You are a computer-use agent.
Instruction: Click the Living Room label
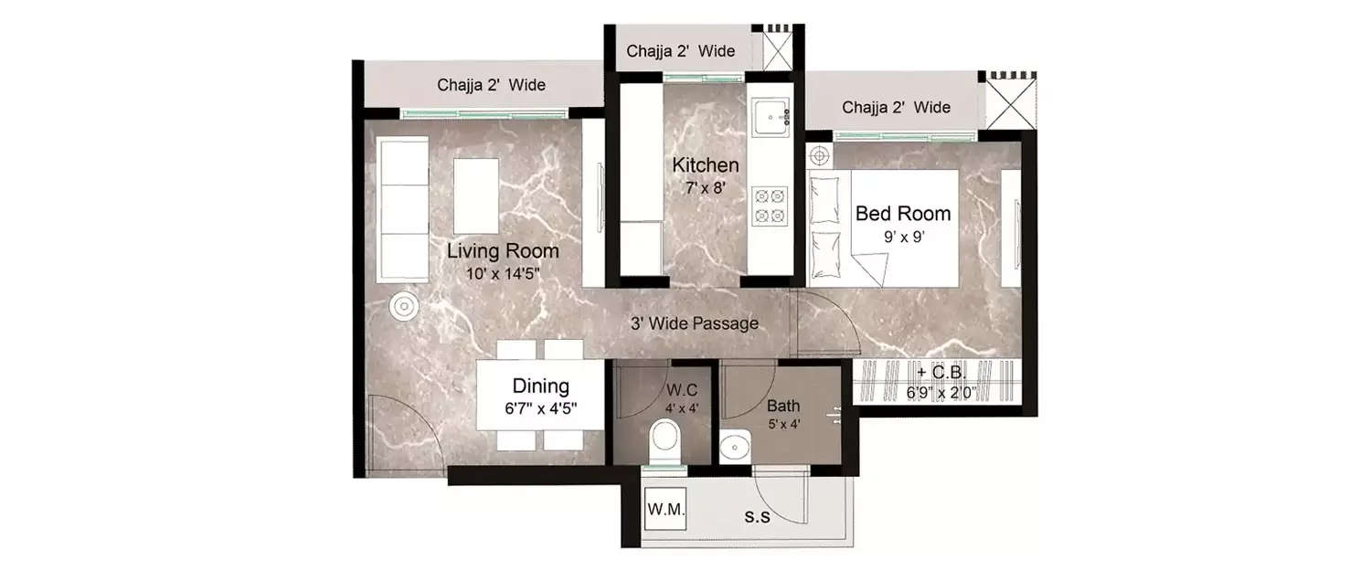[502, 251]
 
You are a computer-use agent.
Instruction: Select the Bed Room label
[902, 214]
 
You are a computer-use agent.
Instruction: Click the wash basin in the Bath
[733, 448]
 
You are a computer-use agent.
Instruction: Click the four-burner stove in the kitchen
[770, 206]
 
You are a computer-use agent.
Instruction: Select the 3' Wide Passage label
[694, 323]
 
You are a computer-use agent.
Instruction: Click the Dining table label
[539, 386]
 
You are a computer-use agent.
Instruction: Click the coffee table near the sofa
[476, 196]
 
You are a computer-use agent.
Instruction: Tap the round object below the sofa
[403, 307]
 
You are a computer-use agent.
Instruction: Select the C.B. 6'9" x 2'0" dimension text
[941, 393]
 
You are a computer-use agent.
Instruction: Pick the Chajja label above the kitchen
[680, 51]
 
